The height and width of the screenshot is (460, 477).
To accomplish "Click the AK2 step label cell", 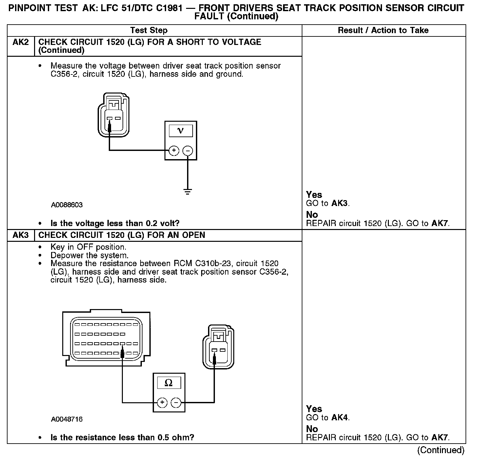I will click(x=21, y=42).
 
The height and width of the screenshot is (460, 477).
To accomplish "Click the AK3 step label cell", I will click(x=21, y=235).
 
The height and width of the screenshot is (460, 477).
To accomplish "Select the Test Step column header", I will click(x=149, y=31).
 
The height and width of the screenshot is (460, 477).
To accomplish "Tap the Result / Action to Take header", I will click(x=383, y=31).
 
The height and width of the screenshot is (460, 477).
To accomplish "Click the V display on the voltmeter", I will click(x=181, y=131).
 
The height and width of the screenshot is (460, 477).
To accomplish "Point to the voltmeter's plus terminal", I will click(x=174, y=151).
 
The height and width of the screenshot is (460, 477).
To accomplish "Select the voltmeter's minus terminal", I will click(x=187, y=151).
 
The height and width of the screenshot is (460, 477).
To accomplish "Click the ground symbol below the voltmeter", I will click(x=187, y=192).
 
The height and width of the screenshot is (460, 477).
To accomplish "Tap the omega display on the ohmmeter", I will click(x=168, y=383).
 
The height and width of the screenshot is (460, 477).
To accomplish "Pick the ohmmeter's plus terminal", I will click(x=162, y=402).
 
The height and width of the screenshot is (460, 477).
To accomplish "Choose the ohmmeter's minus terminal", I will click(x=176, y=402).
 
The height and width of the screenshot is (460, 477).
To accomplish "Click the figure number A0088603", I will click(x=67, y=205).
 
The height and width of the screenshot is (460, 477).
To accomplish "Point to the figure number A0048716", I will click(x=67, y=419).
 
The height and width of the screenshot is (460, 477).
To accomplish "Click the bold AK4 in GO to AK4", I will click(x=339, y=418).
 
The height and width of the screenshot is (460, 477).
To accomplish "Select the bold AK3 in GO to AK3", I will click(x=339, y=203).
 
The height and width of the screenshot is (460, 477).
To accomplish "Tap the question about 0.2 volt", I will click(x=115, y=223).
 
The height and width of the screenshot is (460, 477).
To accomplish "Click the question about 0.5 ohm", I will click(x=122, y=438).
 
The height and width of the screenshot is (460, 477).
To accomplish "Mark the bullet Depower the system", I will click(x=89, y=255).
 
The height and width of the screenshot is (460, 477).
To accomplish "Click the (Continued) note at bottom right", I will click(x=441, y=450).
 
